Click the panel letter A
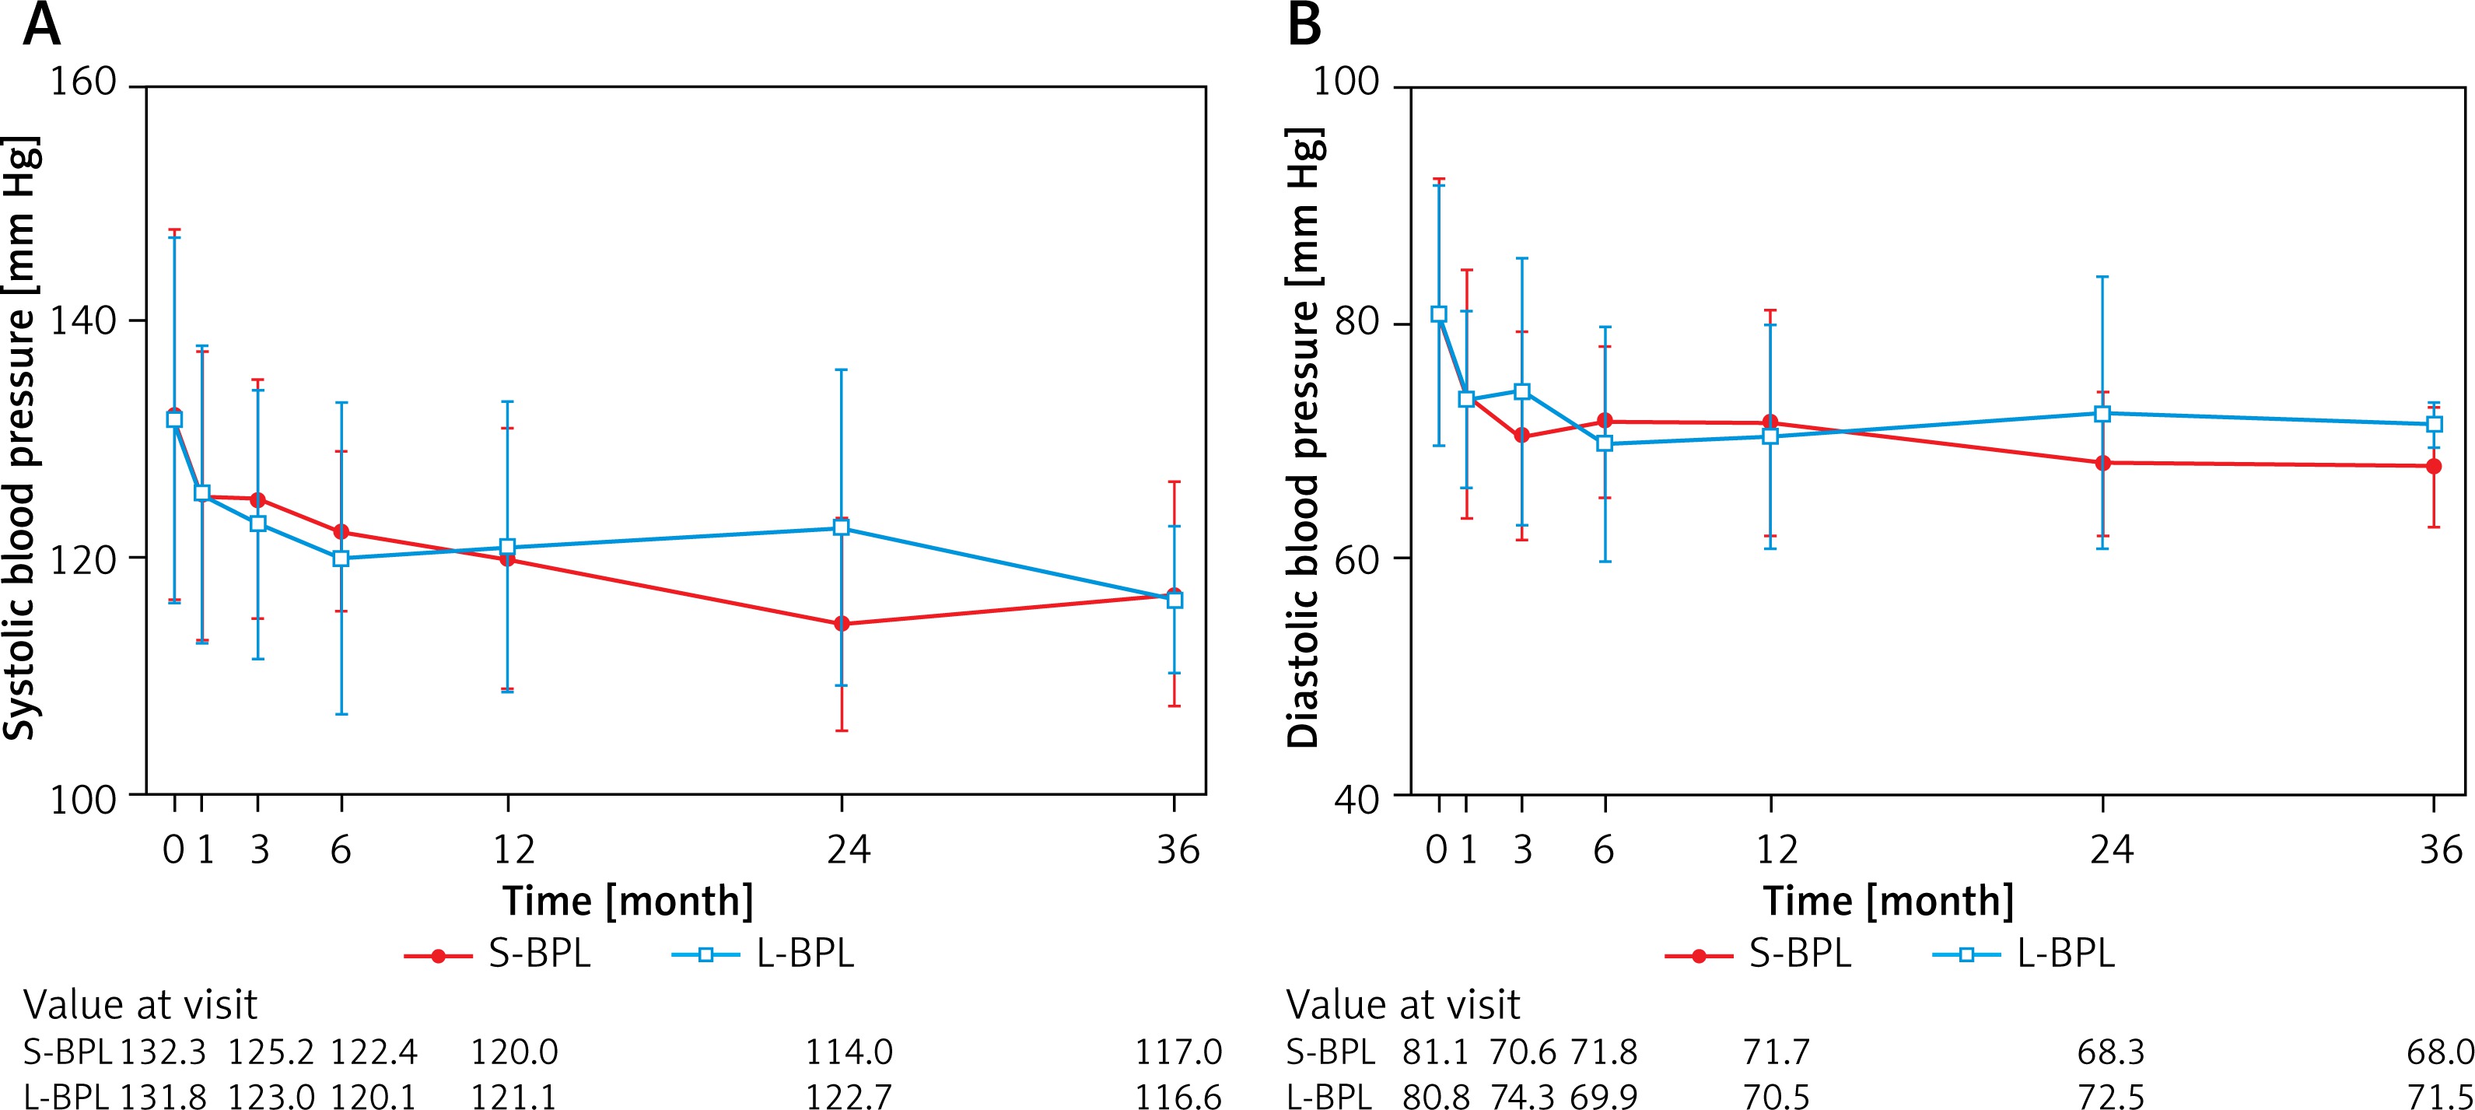[x=41, y=26]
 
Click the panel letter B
[x=1304, y=26]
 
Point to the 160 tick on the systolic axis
[x=82, y=82]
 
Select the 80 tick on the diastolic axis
[x=1357, y=321]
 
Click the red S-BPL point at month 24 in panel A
[x=842, y=624]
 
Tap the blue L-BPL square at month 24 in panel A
[x=842, y=527]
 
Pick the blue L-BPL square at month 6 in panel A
[x=341, y=558]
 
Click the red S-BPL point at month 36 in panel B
[x=2434, y=466]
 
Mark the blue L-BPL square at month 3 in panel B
[x=1522, y=391]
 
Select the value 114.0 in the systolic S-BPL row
[x=849, y=1052]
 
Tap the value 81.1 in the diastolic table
[x=1434, y=1052]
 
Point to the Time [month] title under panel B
[x=1888, y=902]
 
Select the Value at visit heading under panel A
[x=140, y=1005]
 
